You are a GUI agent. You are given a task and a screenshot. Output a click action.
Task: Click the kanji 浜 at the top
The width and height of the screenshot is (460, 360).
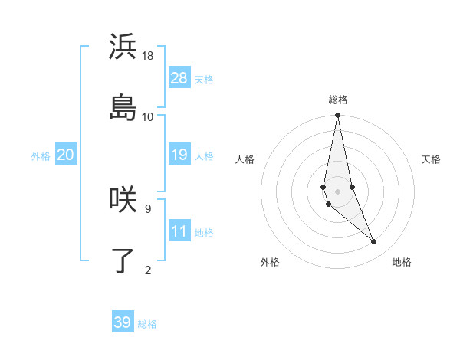pos(123,47)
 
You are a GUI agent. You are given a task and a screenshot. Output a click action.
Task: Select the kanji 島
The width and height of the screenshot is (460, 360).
pos(123,108)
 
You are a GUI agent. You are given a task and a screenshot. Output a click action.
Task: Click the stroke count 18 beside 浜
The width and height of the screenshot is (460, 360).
pos(148,56)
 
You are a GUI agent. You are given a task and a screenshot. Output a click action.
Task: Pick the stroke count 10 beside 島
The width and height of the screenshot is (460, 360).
pos(148,116)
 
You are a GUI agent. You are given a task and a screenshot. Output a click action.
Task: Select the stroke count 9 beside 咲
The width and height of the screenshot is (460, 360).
pos(147,208)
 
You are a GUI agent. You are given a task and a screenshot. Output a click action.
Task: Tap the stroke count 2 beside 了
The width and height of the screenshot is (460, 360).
pos(147,270)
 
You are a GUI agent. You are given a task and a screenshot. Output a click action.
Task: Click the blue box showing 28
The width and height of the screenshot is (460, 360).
pos(179,78)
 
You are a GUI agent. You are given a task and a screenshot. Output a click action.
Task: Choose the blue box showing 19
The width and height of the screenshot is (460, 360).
pos(179,155)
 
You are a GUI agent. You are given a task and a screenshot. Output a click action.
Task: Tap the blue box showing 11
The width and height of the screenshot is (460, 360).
pos(179,231)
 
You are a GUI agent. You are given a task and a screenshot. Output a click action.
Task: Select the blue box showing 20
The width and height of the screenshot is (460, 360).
pos(66,155)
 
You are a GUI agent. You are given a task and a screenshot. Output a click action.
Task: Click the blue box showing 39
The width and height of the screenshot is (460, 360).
pos(123,322)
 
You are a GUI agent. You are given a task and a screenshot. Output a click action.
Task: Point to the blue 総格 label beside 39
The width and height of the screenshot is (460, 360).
pos(147,324)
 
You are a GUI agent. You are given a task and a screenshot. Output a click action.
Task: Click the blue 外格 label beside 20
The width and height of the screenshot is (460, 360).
pos(41,156)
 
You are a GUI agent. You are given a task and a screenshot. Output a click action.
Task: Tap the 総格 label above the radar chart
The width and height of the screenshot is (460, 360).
pos(338,100)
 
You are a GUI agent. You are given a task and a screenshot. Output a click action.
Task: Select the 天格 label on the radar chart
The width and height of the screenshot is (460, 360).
pos(431,159)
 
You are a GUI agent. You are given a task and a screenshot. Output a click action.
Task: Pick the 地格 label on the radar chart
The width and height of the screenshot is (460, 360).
pos(402,262)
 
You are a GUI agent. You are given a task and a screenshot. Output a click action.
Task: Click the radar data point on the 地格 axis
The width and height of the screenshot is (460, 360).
pos(374,242)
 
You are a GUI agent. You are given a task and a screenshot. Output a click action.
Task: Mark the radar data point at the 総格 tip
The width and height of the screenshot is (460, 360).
pos(338,116)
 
